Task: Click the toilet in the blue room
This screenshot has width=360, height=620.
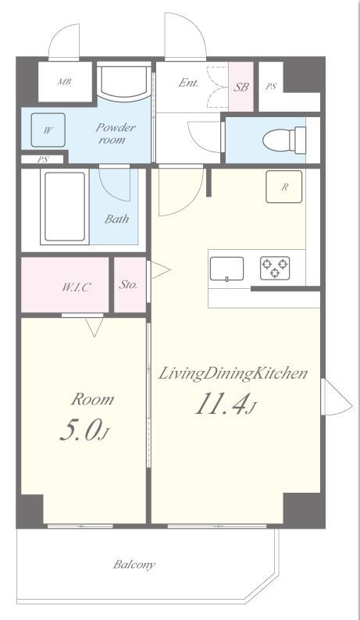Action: pos(285,140)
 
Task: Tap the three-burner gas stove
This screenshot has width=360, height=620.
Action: pos(275,268)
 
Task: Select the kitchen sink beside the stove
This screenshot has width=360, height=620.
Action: pos(226,269)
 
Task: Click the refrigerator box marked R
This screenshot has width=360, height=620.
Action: pos(284,187)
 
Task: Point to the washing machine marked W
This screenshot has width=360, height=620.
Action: pos(48,130)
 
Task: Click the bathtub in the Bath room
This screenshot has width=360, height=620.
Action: pos(65,206)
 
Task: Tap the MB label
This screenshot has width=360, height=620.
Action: pos(65,82)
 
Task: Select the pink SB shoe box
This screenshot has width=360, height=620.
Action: pos(241,87)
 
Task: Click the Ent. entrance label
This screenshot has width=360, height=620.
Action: pos(188,83)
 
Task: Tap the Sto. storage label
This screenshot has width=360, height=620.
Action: pos(128,284)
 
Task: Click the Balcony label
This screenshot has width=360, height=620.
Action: pos(134,565)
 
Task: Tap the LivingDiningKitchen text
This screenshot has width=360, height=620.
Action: pos(233,373)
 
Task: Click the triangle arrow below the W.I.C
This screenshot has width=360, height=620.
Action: pos(94,327)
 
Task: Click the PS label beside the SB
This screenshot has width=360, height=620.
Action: pos(271,87)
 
